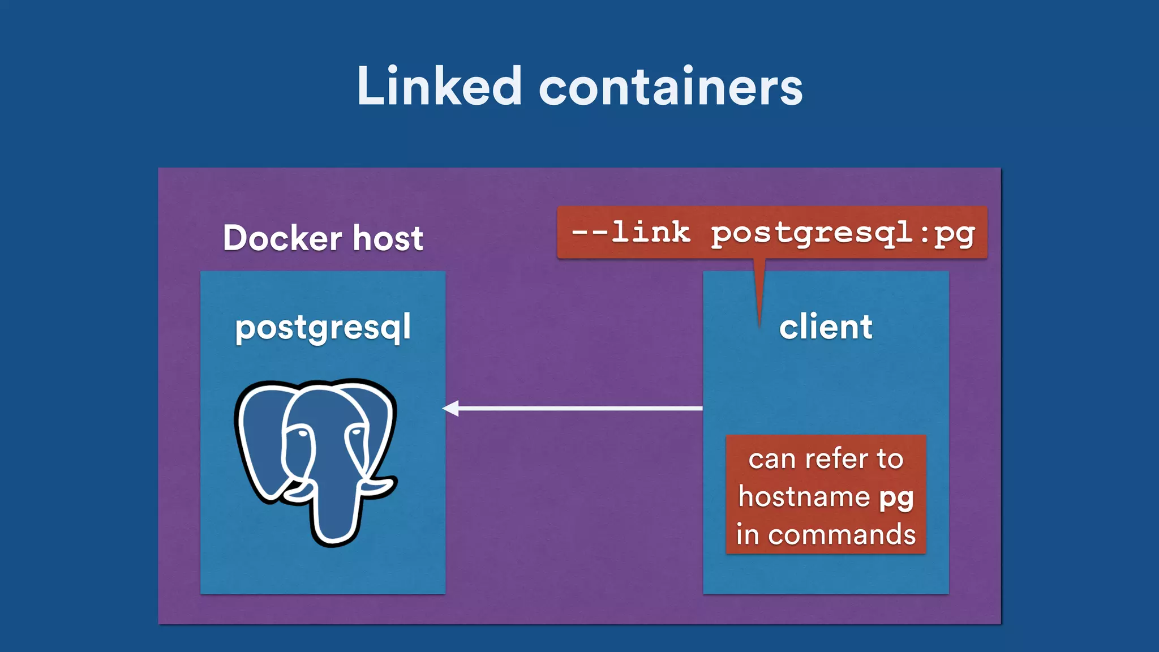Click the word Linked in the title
click(x=439, y=87)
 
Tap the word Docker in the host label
click(x=282, y=238)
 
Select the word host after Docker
click(x=388, y=238)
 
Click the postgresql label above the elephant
click(x=323, y=328)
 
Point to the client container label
click(x=826, y=327)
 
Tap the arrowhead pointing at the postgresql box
click(x=451, y=408)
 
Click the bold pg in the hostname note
click(x=896, y=498)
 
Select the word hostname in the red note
click(x=804, y=497)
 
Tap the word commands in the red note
click(x=842, y=534)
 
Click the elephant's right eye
click(x=357, y=432)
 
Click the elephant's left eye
click(x=302, y=434)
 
